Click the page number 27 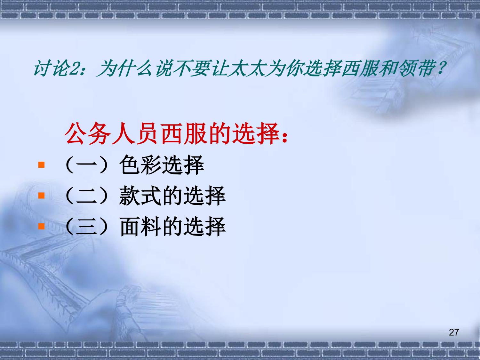[454, 332]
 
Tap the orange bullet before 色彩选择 [41, 164]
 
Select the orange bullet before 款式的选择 [41, 196]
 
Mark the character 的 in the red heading [220, 133]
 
